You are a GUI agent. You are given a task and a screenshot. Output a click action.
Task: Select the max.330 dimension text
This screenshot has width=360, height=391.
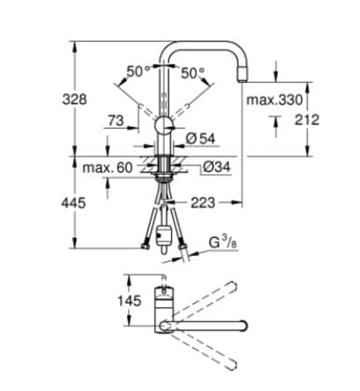(x=274, y=101)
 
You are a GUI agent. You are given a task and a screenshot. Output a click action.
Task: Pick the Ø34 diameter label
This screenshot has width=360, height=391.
(x=217, y=166)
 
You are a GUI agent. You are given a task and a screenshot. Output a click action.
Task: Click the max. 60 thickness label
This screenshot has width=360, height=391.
(x=108, y=167)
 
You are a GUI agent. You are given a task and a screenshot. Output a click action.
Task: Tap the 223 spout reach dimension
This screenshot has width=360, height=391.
(x=202, y=203)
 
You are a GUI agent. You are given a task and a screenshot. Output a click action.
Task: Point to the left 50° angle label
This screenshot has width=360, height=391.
(x=138, y=72)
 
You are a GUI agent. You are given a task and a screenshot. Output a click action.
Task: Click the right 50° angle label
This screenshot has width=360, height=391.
(x=193, y=72)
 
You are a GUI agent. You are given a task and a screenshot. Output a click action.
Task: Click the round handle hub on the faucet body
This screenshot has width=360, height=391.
(x=164, y=125)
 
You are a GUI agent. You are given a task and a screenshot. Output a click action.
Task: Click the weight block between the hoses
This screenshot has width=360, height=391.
(x=164, y=235)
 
